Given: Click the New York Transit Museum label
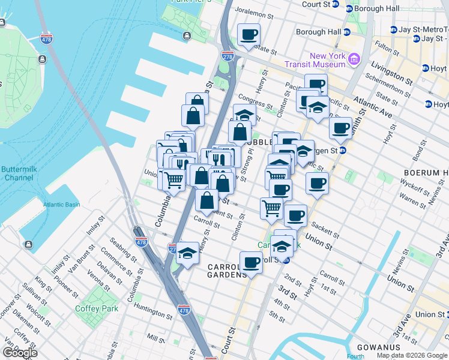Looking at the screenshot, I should [x=320, y=60].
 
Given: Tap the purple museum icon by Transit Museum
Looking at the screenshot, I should [x=354, y=59].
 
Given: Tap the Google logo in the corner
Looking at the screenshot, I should [x=20, y=352].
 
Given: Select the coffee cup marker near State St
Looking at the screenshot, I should [x=248, y=34].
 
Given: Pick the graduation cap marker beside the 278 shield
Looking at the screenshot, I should [x=187, y=253].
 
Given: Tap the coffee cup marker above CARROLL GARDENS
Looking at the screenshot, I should [x=251, y=262].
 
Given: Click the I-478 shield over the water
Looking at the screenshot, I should [x=46, y=39].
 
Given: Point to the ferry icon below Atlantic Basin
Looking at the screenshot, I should [x=29, y=245].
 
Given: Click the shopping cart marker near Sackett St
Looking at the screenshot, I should [x=271, y=208].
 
